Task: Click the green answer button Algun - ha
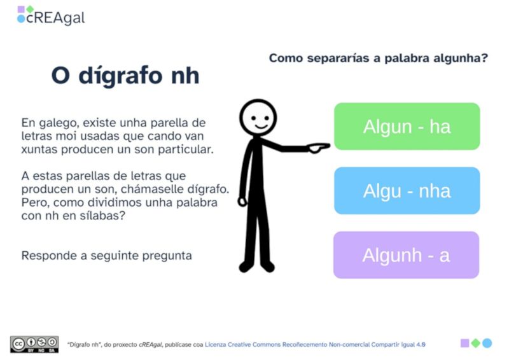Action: coord(407,127)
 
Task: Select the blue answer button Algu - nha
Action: coord(407,191)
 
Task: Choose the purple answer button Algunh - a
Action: coord(406,255)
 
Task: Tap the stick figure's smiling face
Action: coord(258,117)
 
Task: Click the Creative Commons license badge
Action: coord(34,343)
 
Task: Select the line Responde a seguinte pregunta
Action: coord(107,256)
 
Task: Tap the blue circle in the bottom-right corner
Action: coord(487,343)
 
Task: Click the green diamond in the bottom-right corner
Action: coord(475,343)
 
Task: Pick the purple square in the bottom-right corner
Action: coord(464,343)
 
